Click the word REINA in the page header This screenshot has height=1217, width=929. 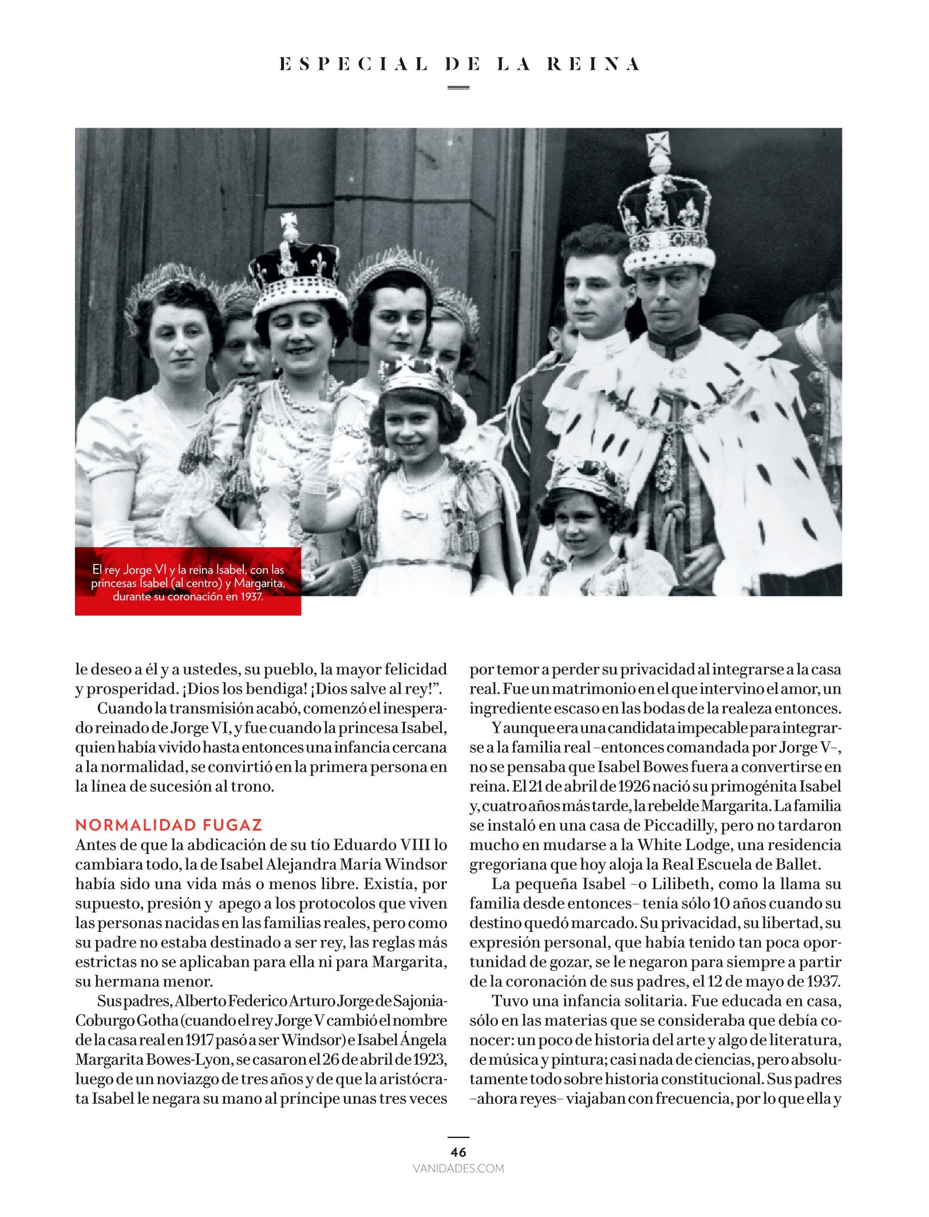593,64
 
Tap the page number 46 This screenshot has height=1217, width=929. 458,1152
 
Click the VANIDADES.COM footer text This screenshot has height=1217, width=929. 458,1168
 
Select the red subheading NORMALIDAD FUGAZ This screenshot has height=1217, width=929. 169,825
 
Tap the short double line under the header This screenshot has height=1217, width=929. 458,88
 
